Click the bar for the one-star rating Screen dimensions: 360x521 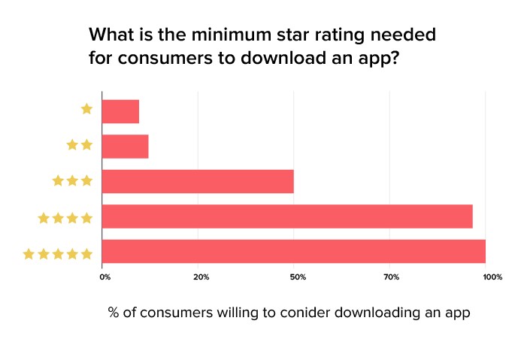tap(120, 111)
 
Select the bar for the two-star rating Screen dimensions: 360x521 tap(125, 147)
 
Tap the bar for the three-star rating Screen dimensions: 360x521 tap(197, 181)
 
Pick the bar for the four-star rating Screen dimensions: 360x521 tap(286, 216)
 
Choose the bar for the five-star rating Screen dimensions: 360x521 tap(293, 251)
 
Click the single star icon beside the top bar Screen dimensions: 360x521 tap(86, 109)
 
